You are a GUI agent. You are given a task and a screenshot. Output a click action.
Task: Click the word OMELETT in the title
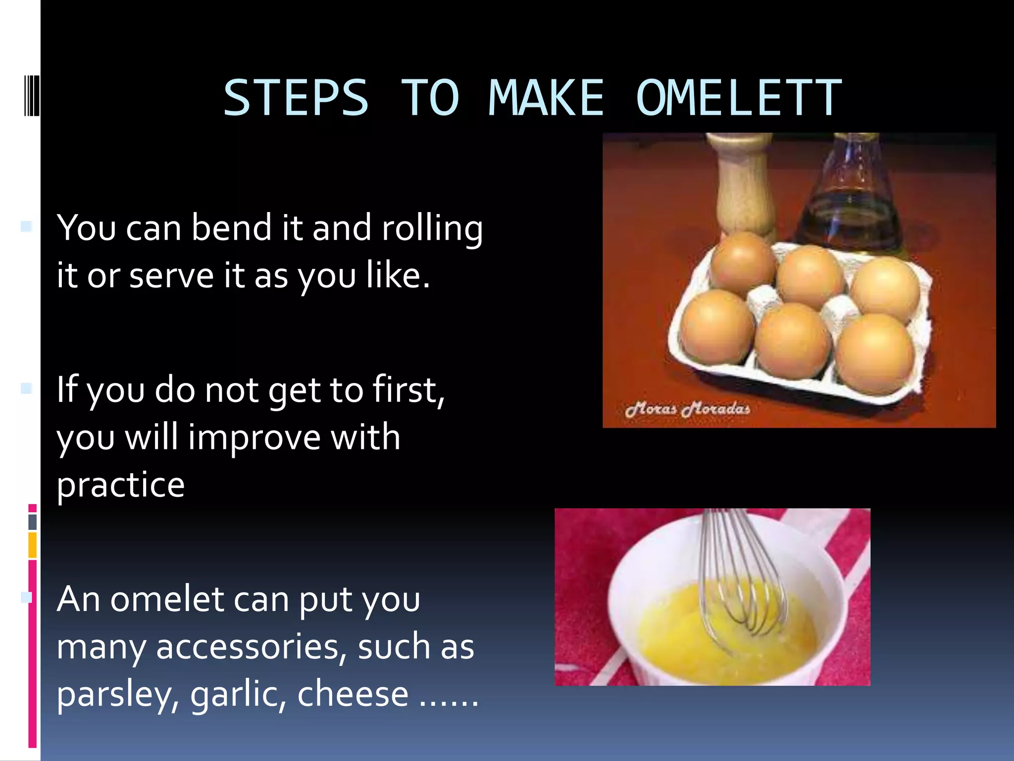pos(739,98)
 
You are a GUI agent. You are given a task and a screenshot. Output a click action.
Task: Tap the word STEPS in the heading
pos(296,98)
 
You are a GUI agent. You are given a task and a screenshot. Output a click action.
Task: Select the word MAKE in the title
pos(546,98)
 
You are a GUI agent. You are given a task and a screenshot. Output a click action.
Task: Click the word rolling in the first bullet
pos(432,228)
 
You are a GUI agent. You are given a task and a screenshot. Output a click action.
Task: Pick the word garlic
pos(238,695)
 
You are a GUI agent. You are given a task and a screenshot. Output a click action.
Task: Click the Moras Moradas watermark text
pos(687,409)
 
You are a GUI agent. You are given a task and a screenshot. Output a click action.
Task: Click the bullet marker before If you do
pos(26,388)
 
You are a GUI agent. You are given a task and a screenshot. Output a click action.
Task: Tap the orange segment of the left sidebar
pos(33,545)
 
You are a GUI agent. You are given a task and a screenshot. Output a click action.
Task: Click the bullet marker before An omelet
pos(26,598)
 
